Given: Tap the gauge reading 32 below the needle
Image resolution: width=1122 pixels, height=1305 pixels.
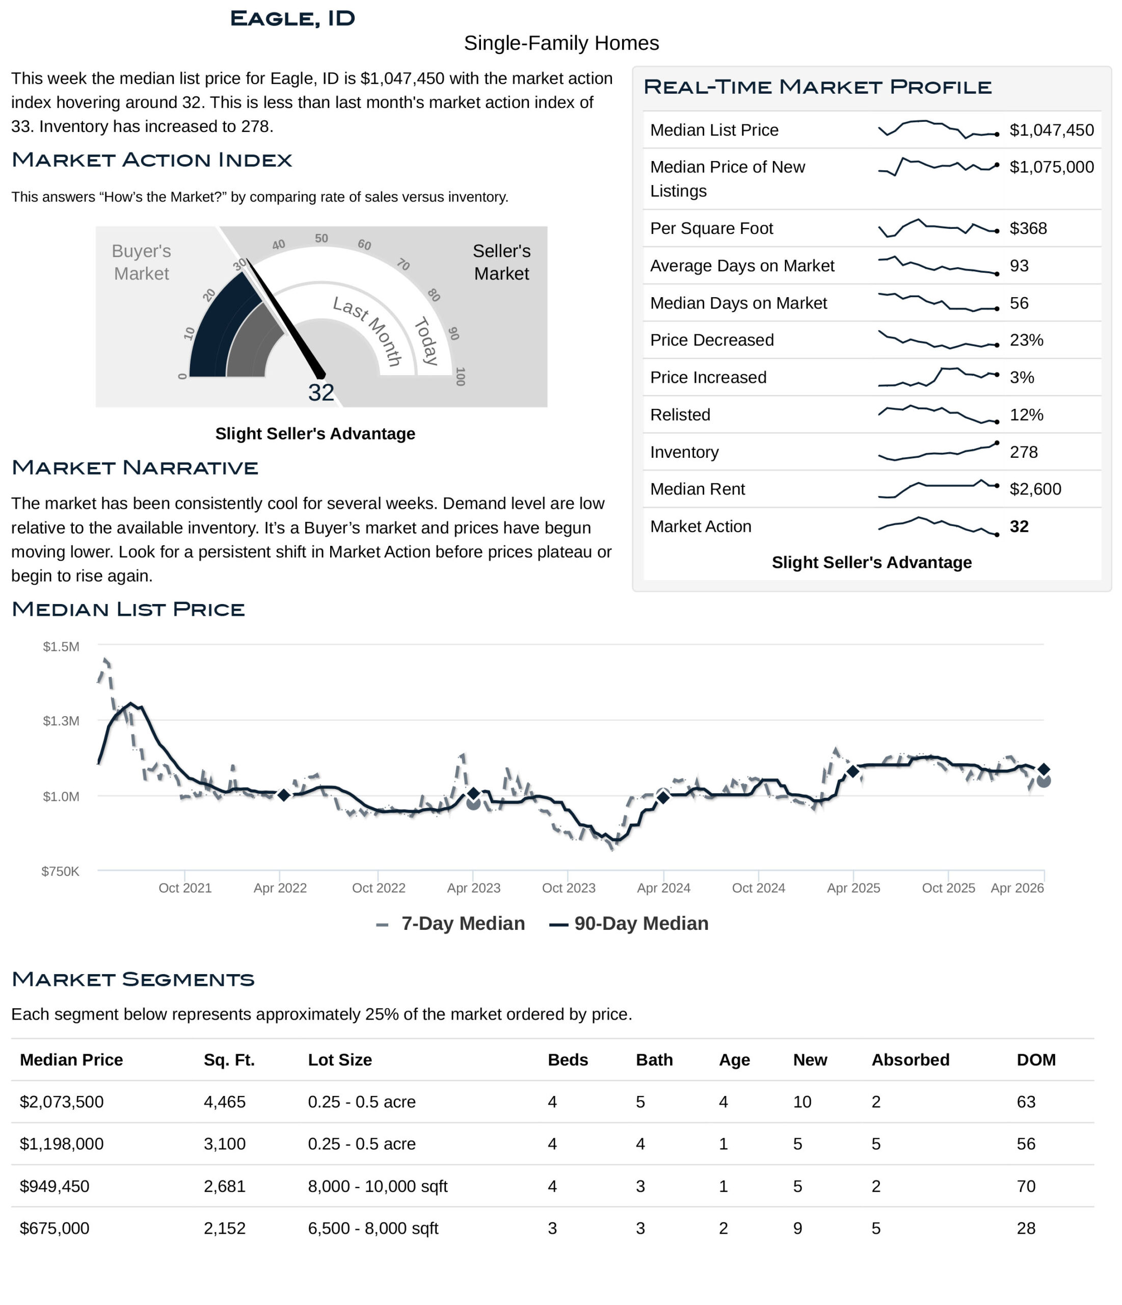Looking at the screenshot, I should point(321,393).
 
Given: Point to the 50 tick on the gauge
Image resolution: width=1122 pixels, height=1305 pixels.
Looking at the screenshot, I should point(321,238).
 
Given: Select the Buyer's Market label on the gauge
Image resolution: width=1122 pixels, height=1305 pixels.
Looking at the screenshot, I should point(141,262).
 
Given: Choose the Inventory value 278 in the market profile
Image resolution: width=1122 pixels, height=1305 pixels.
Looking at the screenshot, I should point(1023,452).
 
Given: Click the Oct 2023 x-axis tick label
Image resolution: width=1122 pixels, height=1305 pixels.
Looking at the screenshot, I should point(568,888).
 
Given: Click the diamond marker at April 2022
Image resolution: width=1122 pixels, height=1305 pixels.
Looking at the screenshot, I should point(283,795).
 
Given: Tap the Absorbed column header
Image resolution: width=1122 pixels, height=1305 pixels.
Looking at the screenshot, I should point(910,1060).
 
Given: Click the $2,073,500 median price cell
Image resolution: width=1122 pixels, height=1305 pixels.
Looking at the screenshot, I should point(62,1102).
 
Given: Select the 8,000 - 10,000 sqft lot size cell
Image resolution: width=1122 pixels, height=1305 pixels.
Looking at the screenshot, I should point(377,1187).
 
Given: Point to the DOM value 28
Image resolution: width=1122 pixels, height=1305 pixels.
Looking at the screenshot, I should point(1026,1229).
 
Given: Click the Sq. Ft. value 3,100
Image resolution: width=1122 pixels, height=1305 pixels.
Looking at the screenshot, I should point(224,1144).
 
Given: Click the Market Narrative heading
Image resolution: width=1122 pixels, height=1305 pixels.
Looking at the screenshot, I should point(135,468).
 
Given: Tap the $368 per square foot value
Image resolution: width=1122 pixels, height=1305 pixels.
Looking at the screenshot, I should point(1028,228).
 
